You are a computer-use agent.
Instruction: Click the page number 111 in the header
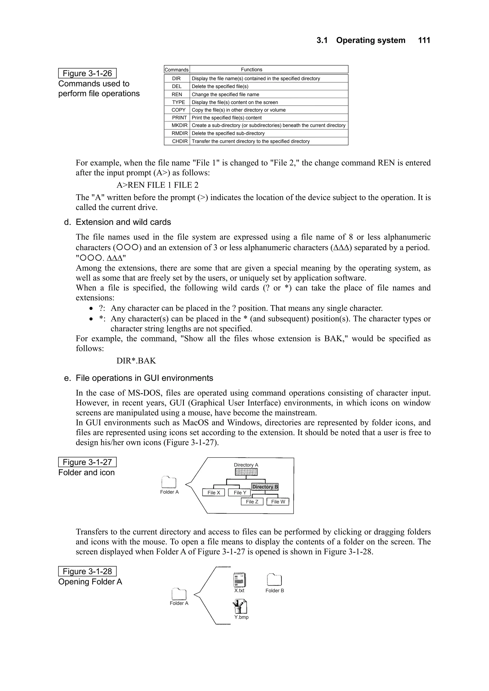click(424, 40)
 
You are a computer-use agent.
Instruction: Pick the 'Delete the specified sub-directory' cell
click(228, 133)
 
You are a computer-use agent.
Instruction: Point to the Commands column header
click(176, 69)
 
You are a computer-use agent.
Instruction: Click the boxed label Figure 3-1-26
click(87, 73)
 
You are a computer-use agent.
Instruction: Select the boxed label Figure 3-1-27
click(87, 462)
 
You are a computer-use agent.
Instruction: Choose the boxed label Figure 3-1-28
click(87, 571)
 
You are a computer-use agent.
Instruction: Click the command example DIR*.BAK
click(136, 361)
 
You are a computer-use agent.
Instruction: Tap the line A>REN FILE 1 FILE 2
click(157, 185)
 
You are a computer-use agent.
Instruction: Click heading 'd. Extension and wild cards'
click(117, 222)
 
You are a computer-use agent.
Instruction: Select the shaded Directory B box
click(265, 487)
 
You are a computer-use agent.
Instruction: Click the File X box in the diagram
click(214, 492)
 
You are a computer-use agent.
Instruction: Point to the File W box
click(278, 502)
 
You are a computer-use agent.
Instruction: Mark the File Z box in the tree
click(252, 502)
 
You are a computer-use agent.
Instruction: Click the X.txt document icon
click(239, 580)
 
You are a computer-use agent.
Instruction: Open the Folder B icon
click(274, 580)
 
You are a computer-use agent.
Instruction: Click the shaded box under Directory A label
click(246, 472)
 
